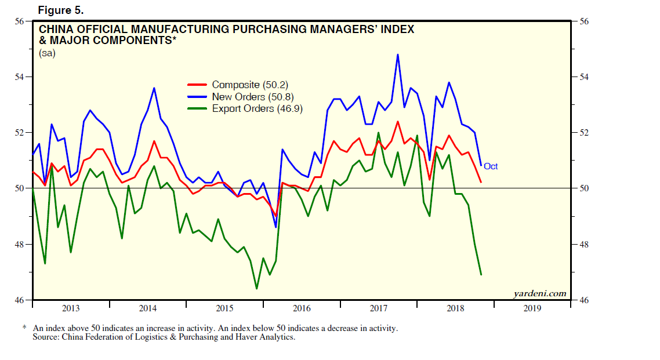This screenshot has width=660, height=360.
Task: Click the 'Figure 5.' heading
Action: click(61, 10)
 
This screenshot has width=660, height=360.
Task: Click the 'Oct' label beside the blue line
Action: click(491, 166)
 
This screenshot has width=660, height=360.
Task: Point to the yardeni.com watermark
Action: click(539, 293)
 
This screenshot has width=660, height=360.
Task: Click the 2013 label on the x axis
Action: click(71, 308)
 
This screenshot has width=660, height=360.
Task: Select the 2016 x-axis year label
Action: click(302, 308)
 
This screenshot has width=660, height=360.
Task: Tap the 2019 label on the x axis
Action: click(532, 308)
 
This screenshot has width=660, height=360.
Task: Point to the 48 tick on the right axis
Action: click(582, 244)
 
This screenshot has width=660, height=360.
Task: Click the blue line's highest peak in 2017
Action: click(397, 54)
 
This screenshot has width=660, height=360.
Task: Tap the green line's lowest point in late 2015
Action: click(256, 288)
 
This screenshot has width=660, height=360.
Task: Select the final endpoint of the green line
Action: click(481, 274)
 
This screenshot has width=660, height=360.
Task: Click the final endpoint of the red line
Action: click(481, 183)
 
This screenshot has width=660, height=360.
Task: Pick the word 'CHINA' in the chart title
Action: click(57, 29)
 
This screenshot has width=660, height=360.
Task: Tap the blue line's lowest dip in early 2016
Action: click(275, 227)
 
